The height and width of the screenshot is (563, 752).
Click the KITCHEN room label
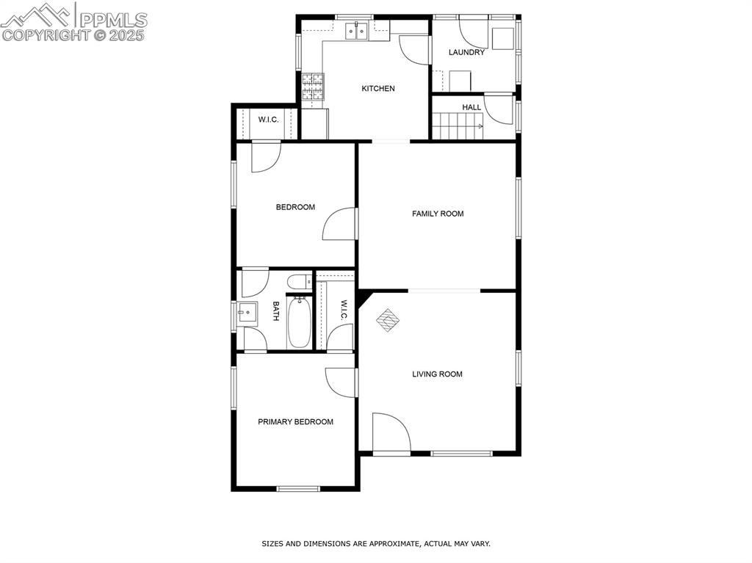[378, 89]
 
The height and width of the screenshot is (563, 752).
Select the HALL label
[471, 108]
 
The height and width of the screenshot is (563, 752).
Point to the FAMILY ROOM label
[438, 214]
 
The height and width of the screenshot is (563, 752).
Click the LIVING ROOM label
[437, 374]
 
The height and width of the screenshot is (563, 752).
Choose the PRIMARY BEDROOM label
[295, 422]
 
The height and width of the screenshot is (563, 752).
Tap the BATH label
[276, 312]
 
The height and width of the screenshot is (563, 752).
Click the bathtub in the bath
[299, 322]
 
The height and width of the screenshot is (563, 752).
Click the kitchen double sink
[358, 31]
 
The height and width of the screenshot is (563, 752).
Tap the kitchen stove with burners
[312, 87]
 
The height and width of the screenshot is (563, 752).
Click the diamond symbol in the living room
[388, 319]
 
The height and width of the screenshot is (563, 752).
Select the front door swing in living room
[389, 433]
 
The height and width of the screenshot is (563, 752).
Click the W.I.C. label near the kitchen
[268, 120]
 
